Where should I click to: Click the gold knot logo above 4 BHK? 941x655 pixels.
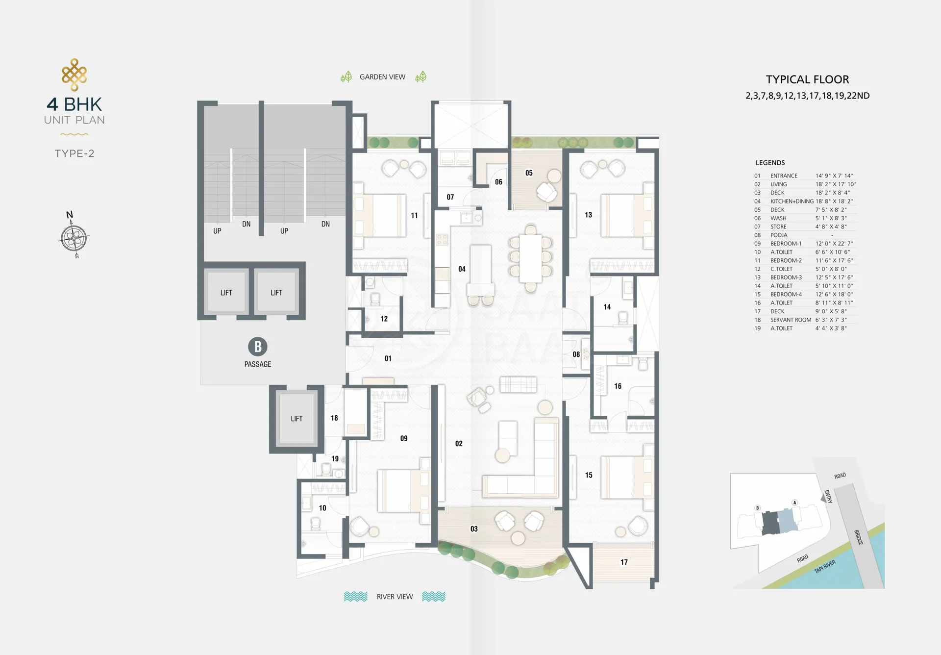74,75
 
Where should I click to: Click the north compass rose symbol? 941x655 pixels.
74,238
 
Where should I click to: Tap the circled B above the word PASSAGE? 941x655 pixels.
258,347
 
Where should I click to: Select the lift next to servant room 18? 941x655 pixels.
297,419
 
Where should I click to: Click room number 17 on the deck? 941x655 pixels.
624,562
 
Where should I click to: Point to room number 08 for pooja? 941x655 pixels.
576,354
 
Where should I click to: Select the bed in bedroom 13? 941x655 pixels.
628,216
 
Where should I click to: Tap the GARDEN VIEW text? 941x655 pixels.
382,77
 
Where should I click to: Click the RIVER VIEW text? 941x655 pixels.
395,597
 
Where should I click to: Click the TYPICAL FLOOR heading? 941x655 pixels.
807,79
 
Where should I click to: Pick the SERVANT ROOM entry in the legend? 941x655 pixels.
791,320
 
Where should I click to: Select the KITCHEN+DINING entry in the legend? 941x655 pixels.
792,202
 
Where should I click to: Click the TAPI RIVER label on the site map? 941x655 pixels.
825,567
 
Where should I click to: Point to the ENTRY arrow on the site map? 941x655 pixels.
823,498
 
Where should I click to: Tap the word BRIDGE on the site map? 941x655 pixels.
858,537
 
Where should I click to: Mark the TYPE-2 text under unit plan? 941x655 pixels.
74,153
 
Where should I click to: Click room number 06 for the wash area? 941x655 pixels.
498,182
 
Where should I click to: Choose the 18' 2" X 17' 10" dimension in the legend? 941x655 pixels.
836,184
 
